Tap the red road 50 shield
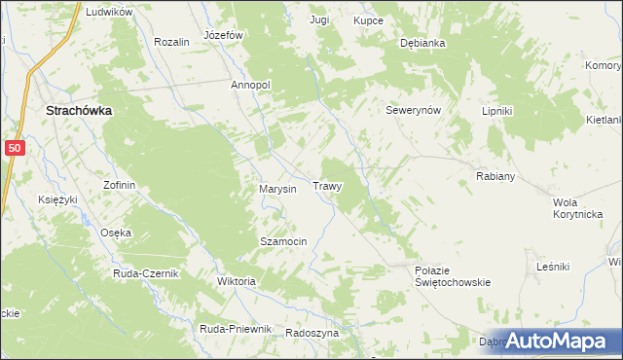click(14, 147)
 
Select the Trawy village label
click(326, 185)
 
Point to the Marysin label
click(277, 189)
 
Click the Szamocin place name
click(283, 241)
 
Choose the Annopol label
click(250, 85)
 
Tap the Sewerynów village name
click(414, 111)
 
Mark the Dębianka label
click(422, 44)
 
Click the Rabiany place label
click(495, 177)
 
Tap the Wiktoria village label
click(236, 282)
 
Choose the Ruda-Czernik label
click(146, 273)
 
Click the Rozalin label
click(171, 43)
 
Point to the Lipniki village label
click(496, 111)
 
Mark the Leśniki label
click(553, 266)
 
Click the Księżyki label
click(57, 199)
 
